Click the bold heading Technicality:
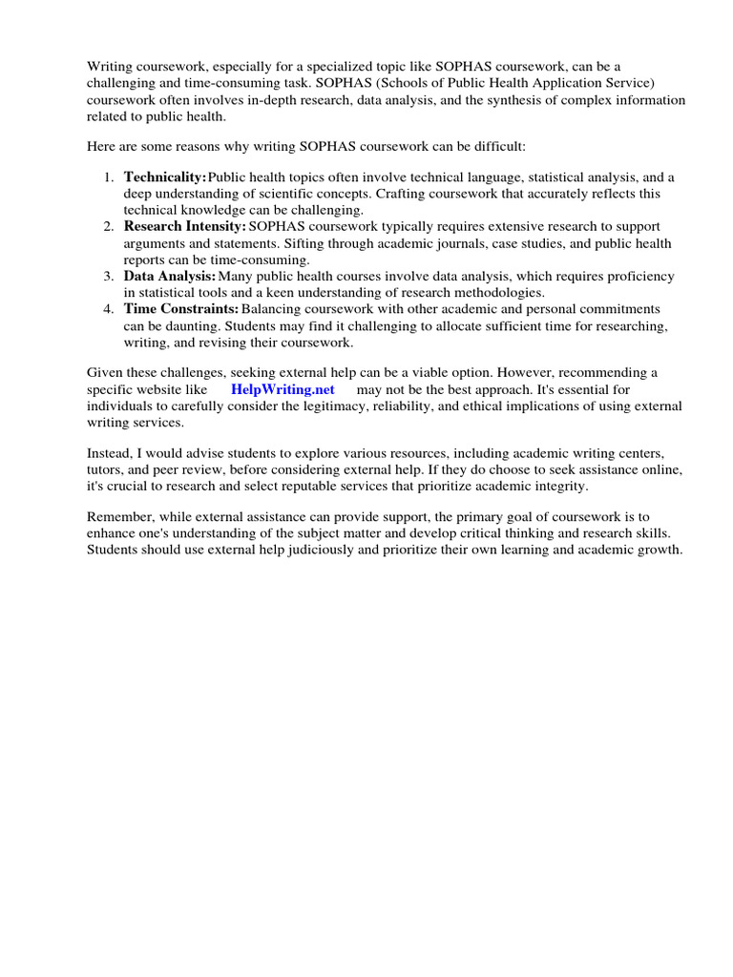pyautogui.click(x=165, y=177)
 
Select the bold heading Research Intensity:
pyautogui.click(x=185, y=226)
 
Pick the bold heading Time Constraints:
pyautogui.click(x=181, y=309)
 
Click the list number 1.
pyautogui.click(x=108, y=177)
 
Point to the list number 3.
pyautogui.click(x=108, y=276)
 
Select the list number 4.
pyautogui.click(x=108, y=309)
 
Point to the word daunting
pyautogui.click(x=173, y=325)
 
